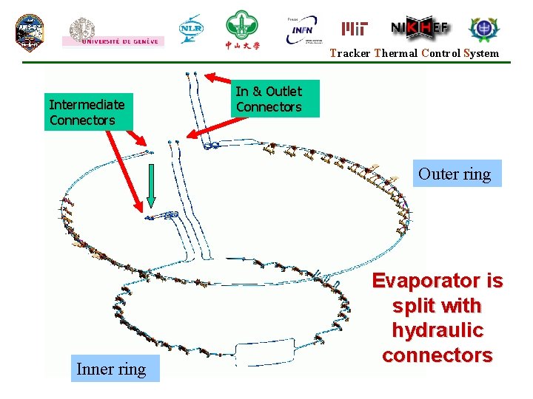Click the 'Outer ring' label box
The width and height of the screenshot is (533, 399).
click(455, 174)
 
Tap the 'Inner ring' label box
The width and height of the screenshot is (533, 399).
click(111, 369)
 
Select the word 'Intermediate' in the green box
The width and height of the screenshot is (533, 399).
click(87, 104)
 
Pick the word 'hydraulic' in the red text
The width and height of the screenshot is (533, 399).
click(437, 330)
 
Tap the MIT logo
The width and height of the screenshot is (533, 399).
click(355, 29)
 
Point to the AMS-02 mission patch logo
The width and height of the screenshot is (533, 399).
click(30, 32)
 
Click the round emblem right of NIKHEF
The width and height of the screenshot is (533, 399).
click(484, 29)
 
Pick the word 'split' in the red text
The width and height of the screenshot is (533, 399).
click(413, 306)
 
